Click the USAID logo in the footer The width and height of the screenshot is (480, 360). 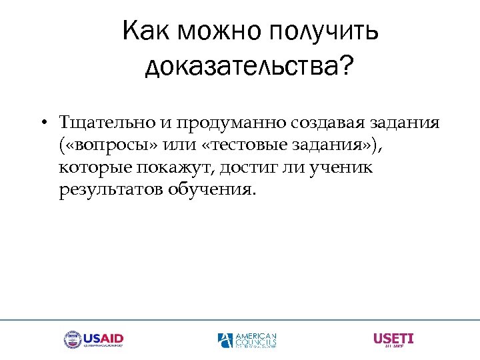93,340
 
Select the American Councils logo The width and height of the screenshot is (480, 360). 247,340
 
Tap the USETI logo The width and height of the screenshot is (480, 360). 393,339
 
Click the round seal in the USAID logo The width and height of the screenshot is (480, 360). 72,340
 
